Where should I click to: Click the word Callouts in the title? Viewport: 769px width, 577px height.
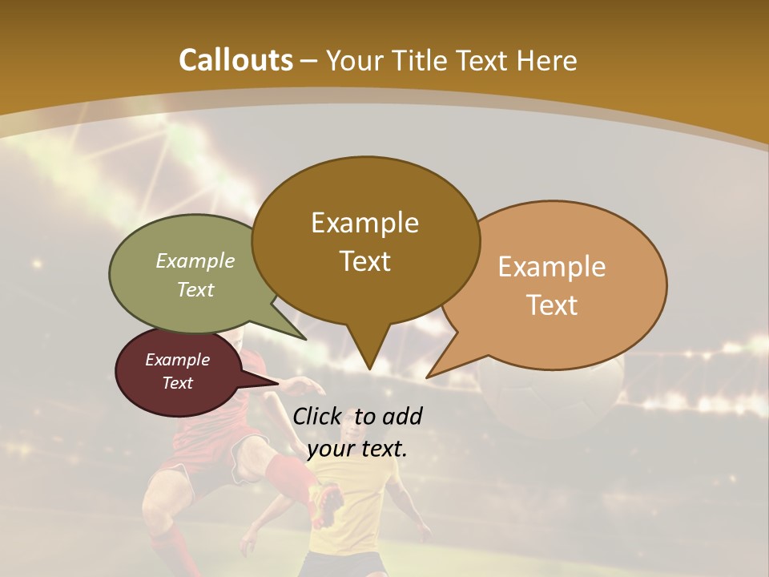(236, 60)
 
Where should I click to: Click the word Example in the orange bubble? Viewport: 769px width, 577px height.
(551, 267)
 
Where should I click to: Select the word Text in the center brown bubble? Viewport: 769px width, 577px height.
(365, 261)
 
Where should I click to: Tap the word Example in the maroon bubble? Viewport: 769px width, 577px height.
(177, 360)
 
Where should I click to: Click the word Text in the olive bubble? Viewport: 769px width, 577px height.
(195, 290)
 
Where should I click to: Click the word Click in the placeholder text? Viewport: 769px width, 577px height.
(318, 416)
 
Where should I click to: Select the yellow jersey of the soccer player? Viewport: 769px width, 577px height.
(352, 513)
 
